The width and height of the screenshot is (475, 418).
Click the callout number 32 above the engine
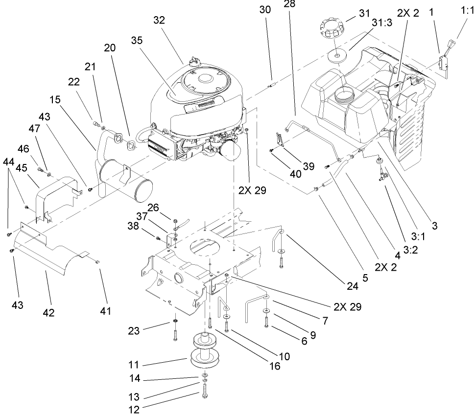[159, 20]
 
